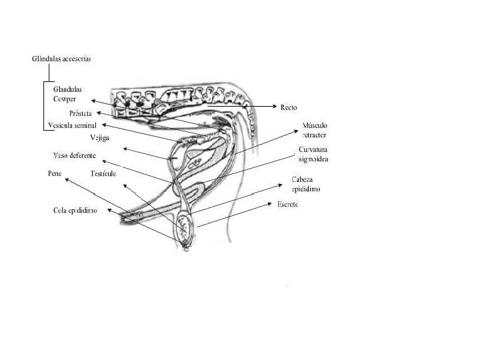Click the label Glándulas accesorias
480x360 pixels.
(x=62, y=59)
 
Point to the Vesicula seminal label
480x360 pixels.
(x=73, y=125)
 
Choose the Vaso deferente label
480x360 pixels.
(x=75, y=156)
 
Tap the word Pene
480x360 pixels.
(x=55, y=173)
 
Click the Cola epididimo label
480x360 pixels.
(x=76, y=210)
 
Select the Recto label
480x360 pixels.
(x=289, y=107)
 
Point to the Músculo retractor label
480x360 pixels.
(x=314, y=129)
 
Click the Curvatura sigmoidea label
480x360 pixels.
(x=313, y=155)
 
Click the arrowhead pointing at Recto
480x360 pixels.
(x=276, y=107)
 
